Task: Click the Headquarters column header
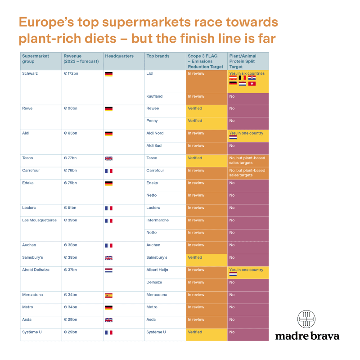coord(119,56)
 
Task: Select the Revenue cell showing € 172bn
coord(71,73)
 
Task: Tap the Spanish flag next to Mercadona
coord(108,296)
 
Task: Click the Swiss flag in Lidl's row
coord(252,84)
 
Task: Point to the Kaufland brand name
coord(154,96)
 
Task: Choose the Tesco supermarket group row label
coord(27,158)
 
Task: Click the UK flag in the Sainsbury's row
coord(108,258)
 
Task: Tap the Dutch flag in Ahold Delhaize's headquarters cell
coord(108,270)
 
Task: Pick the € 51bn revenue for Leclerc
coord(70,208)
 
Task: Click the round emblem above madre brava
coord(306,319)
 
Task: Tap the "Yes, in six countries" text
coord(247,73)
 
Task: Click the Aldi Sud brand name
coord(154,146)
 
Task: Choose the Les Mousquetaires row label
coord(39,220)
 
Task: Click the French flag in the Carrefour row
coord(108,171)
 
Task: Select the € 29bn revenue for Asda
coord(70,319)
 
